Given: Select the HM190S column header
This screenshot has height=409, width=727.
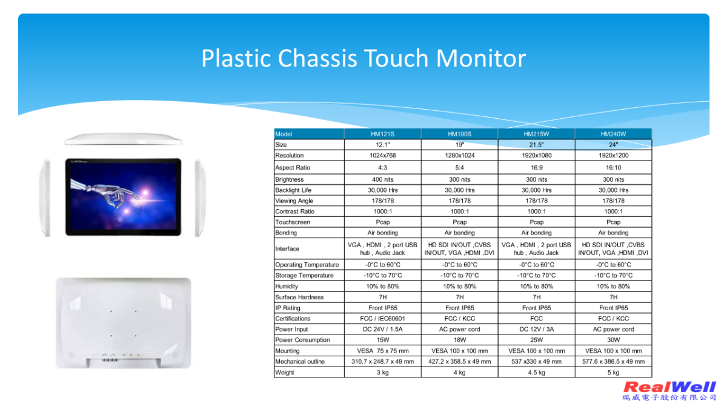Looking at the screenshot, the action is point(459,134).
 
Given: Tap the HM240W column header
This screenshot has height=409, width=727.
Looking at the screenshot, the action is point(613,134).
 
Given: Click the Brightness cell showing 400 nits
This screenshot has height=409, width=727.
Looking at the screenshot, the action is point(383,179).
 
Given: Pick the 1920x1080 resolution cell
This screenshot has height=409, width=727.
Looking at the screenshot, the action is point(537,156).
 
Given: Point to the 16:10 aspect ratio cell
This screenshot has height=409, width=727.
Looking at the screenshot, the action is point(613,168).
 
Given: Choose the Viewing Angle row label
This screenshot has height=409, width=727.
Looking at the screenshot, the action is point(294,201).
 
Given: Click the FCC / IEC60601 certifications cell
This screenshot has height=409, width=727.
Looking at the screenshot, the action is point(383,319).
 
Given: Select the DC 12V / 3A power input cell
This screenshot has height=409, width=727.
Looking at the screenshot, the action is point(537,330).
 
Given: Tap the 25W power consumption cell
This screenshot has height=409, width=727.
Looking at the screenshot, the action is point(537,340).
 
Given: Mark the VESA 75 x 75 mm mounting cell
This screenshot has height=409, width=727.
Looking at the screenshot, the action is point(383,351).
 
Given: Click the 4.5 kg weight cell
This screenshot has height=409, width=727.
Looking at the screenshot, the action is point(537,373).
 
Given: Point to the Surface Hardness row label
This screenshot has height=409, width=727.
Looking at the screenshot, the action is point(299,298).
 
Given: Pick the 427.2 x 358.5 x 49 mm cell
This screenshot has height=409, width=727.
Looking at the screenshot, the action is point(460,362).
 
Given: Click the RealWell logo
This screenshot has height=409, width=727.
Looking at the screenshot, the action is point(669,391).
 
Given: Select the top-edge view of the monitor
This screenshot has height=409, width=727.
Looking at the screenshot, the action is point(124,139).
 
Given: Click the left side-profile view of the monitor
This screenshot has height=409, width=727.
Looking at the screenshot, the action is point(45,198).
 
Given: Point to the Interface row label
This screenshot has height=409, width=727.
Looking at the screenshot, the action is point(287,249).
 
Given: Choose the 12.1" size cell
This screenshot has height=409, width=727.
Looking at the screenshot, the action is point(383,145).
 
